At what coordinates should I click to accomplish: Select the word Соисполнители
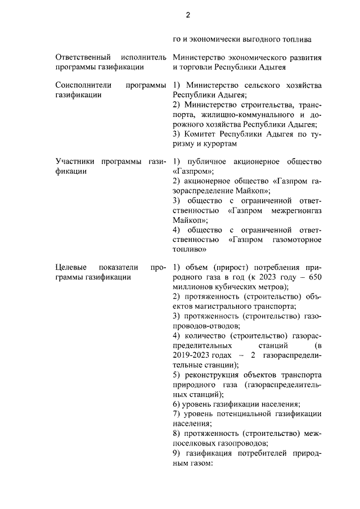pos(83,85)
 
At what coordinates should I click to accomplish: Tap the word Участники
pos(76,162)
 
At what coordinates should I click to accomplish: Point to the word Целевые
pos(70,267)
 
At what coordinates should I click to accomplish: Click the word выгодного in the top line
pos(247,39)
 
